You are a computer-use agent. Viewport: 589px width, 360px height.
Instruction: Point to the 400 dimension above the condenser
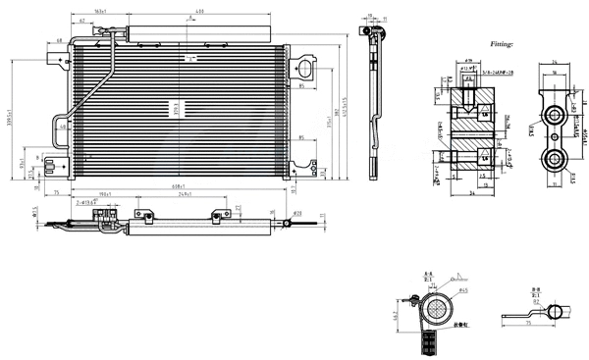(x=198, y=12)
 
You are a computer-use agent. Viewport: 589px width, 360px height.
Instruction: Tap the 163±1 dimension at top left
(x=100, y=12)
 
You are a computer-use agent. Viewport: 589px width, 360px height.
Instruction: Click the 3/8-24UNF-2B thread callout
(x=491, y=86)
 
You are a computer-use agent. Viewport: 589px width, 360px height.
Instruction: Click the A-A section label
(x=428, y=276)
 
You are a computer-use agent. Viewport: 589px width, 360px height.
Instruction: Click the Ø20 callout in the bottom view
(x=297, y=213)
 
